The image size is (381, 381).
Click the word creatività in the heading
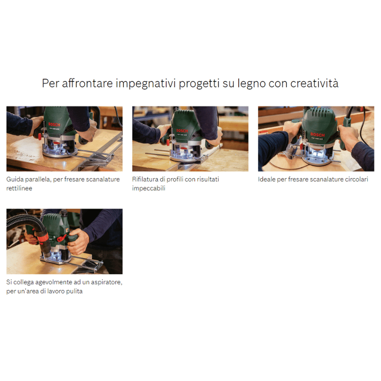314,83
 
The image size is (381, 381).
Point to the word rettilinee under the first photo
19,188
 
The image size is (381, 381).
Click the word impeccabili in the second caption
149,189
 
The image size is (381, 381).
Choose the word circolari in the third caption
356,180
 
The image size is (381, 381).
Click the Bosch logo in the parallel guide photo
54,125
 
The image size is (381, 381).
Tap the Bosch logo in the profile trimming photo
182,130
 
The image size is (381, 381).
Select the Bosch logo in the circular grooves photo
317,135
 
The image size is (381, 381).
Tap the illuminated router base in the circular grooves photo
318,159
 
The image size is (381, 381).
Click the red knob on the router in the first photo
40,137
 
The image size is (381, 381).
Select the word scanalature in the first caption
103,180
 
